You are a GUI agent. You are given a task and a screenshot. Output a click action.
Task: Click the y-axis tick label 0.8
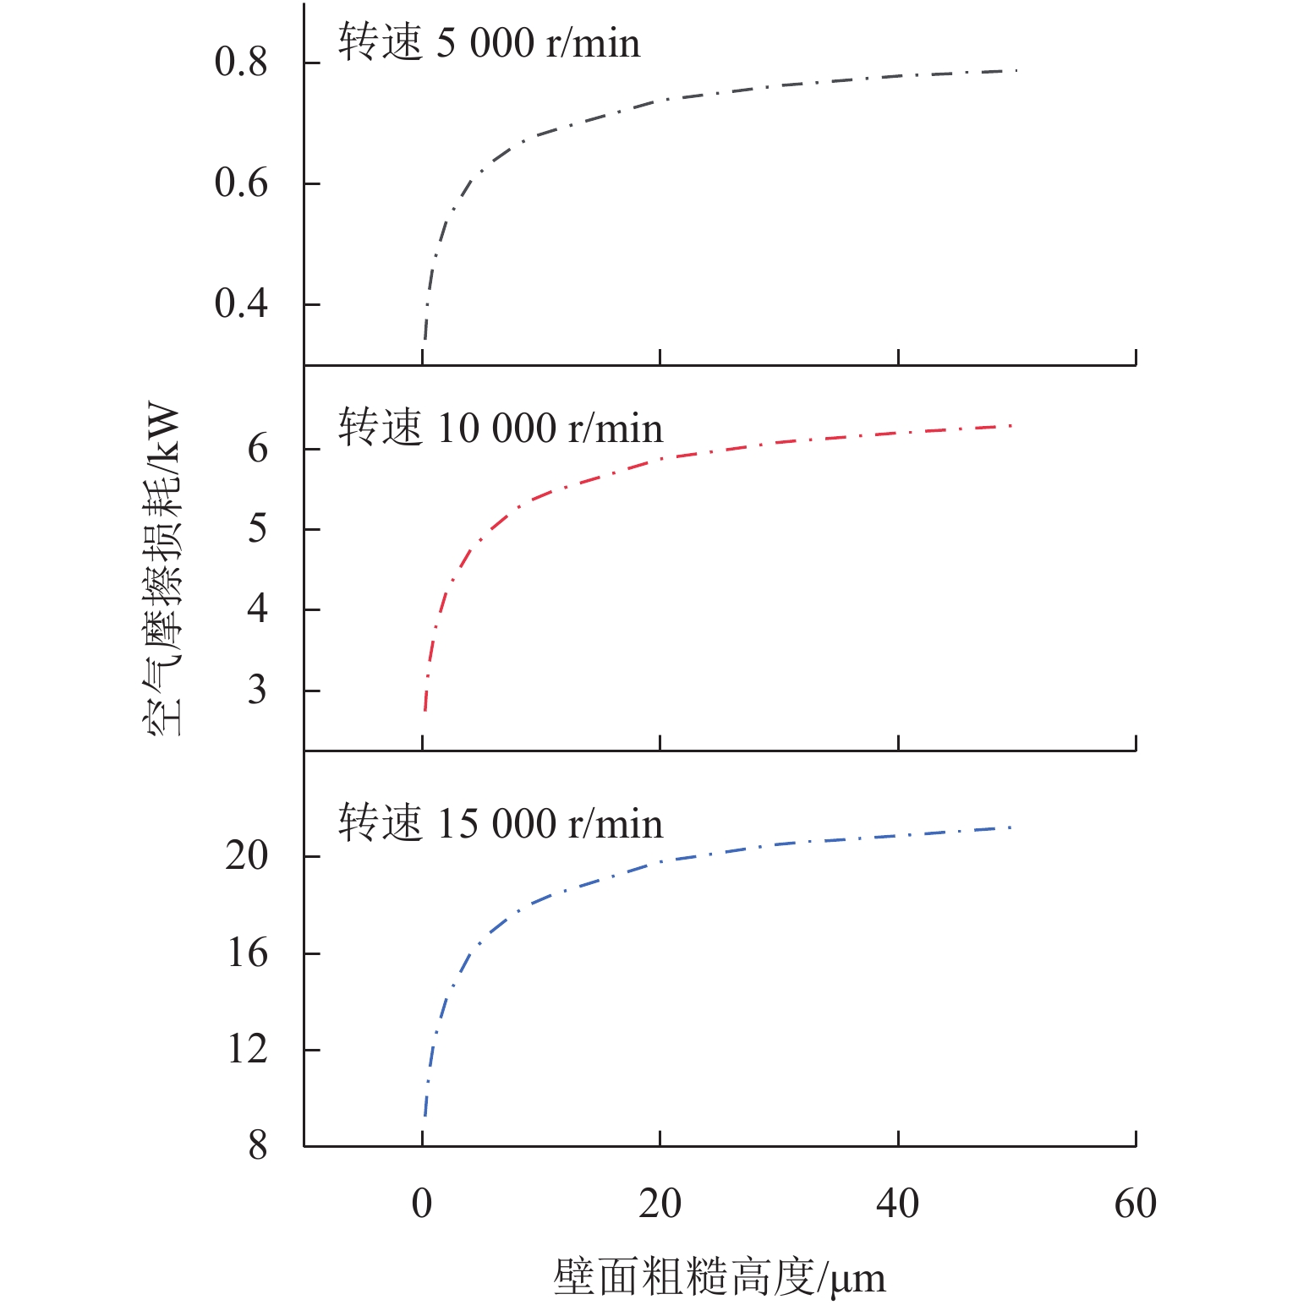240,63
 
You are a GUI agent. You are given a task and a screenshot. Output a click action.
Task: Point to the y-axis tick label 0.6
240,183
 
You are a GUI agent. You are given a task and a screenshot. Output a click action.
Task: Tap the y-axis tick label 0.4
240,303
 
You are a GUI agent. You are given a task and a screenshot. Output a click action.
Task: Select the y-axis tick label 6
257,449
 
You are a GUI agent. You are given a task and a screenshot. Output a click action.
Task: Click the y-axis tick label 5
257,529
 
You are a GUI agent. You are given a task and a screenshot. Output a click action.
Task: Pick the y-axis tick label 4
257,609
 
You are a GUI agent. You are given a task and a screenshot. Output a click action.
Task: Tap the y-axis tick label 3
257,690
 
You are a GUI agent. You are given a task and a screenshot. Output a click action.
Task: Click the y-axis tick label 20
246,856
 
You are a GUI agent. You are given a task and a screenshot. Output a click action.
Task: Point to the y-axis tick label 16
246,953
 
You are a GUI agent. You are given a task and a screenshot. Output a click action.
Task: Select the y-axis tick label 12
246,1050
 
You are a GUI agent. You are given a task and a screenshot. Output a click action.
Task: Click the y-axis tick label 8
257,1146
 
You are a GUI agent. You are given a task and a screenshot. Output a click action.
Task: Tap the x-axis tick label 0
422,1204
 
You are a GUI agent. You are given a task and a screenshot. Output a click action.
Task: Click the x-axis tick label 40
897,1204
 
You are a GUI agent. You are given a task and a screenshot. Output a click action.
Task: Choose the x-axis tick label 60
1135,1204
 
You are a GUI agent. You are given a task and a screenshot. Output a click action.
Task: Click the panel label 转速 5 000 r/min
489,43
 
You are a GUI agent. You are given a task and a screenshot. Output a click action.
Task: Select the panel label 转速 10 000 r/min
500,429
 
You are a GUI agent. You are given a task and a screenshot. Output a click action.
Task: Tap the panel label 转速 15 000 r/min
500,823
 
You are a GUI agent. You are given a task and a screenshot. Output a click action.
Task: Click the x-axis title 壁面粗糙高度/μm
719,1277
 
